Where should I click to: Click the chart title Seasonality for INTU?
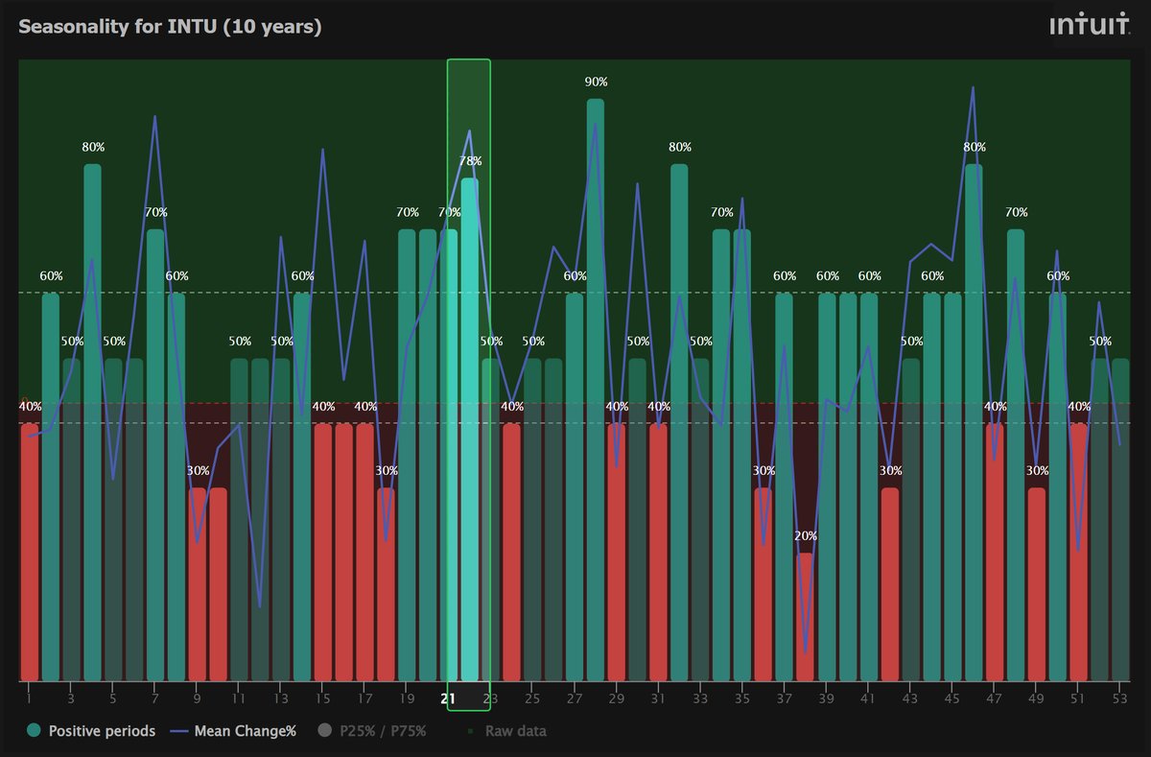pyautogui.click(x=170, y=26)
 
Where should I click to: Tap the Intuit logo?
pyautogui.click(x=1089, y=26)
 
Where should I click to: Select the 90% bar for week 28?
pyautogui.click(x=596, y=384)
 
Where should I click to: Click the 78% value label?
pyautogui.click(x=470, y=161)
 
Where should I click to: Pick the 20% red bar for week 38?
pyautogui.click(x=805, y=614)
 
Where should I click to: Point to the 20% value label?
pyautogui.click(x=806, y=535)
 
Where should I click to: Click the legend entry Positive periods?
pyautogui.click(x=91, y=731)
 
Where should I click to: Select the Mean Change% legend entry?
pyautogui.click(x=234, y=731)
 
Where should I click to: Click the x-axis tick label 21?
pyautogui.click(x=448, y=698)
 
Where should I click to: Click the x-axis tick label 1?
pyautogui.click(x=29, y=698)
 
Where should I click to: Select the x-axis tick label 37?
pyautogui.click(x=785, y=698)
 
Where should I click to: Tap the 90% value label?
pyautogui.click(x=597, y=82)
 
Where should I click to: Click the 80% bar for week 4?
pyautogui.click(x=92, y=422)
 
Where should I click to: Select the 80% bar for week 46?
pyautogui.click(x=974, y=422)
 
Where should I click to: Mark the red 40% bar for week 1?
pyautogui.click(x=30, y=552)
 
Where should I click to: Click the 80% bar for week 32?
pyautogui.click(x=679, y=422)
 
